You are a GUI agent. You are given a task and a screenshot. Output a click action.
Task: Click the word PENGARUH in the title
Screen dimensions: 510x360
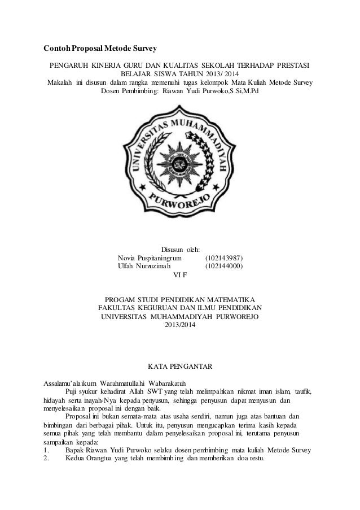69,64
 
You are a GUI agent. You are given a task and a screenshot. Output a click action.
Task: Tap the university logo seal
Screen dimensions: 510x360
180,164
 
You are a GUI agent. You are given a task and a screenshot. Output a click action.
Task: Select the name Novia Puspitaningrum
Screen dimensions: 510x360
150,258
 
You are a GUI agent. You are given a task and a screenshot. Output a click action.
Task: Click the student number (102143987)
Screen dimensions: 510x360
224,258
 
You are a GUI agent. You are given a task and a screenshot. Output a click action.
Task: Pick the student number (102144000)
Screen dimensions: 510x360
224,267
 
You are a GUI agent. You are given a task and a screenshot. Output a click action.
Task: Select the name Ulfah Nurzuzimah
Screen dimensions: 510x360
145,267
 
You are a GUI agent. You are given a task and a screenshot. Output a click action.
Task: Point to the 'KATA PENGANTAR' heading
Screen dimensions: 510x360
179,368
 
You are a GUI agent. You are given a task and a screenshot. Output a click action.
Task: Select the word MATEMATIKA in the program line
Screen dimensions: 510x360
230,299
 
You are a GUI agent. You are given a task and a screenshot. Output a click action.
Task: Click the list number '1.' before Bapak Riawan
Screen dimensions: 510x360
47,450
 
